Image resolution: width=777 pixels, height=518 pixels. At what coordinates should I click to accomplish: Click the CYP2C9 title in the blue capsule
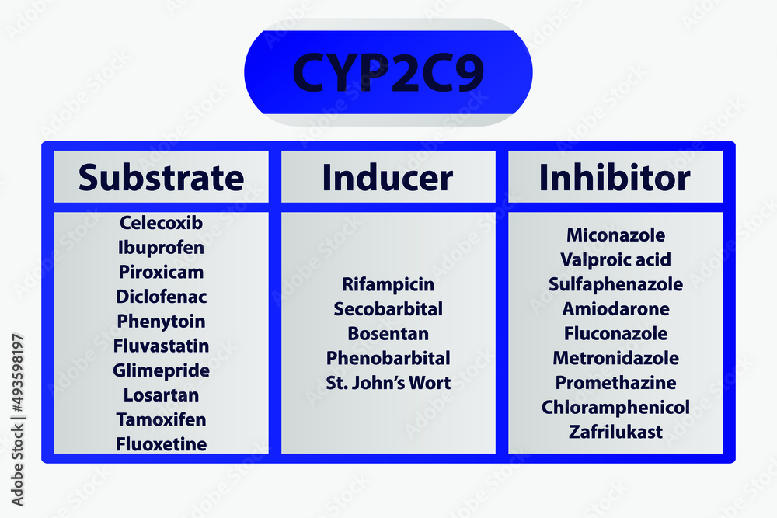(388, 72)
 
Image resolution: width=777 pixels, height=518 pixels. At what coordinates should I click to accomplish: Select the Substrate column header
(161, 177)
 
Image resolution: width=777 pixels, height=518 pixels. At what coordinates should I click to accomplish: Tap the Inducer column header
(388, 177)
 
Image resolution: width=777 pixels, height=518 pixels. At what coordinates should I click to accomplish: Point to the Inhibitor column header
(615, 177)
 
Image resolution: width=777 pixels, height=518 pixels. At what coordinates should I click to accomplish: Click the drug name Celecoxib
(161, 223)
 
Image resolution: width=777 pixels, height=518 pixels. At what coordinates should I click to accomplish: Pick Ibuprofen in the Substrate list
(161, 248)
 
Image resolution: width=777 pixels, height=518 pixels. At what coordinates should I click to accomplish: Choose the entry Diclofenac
(161, 297)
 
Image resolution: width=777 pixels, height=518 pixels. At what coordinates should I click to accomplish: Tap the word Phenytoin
(161, 322)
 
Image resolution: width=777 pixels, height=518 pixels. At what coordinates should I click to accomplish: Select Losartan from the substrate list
(161, 395)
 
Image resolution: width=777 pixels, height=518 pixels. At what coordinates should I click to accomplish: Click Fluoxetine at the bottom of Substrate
(161, 444)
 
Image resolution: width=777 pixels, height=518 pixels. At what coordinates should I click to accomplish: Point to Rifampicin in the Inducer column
(388, 285)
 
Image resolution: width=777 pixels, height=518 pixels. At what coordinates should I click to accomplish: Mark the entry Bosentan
(388, 334)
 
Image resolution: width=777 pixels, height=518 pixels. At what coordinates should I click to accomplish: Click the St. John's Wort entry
(388, 383)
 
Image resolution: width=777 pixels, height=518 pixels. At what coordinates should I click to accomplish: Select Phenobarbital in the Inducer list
(388, 358)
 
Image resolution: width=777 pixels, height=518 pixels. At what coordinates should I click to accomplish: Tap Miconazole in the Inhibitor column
(615, 235)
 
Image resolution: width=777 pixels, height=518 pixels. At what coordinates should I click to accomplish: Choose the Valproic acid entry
(615, 260)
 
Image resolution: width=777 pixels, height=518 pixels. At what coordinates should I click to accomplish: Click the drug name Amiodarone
(615, 309)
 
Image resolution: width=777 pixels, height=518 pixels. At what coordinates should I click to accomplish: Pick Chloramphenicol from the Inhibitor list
(615, 407)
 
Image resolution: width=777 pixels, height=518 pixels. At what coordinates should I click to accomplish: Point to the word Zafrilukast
(615, 432)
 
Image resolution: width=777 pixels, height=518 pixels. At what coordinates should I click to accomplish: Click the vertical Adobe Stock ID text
(17, 420)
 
